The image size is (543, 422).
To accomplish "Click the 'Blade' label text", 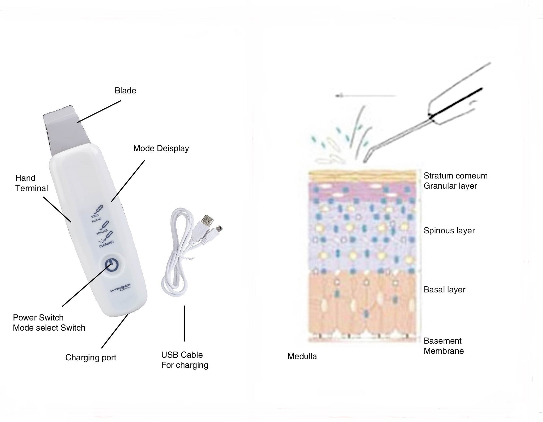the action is (125, 91).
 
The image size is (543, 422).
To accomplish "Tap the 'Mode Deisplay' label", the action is (161, 148).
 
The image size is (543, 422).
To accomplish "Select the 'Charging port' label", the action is (91, 358).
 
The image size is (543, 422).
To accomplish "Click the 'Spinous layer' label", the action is (449, 231).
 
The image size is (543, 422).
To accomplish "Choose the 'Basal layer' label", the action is (444, 290).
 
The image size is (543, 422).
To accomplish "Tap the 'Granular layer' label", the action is (450, 186).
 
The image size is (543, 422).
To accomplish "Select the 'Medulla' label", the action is (302, 357).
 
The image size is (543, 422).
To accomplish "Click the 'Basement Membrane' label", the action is (444, 346).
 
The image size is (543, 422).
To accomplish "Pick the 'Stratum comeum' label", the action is (456, 176).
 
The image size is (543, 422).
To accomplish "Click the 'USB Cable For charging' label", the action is (185, 360).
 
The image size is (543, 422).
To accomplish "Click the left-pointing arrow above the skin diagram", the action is (365, 96).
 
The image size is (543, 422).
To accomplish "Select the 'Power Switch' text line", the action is (38, 318).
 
